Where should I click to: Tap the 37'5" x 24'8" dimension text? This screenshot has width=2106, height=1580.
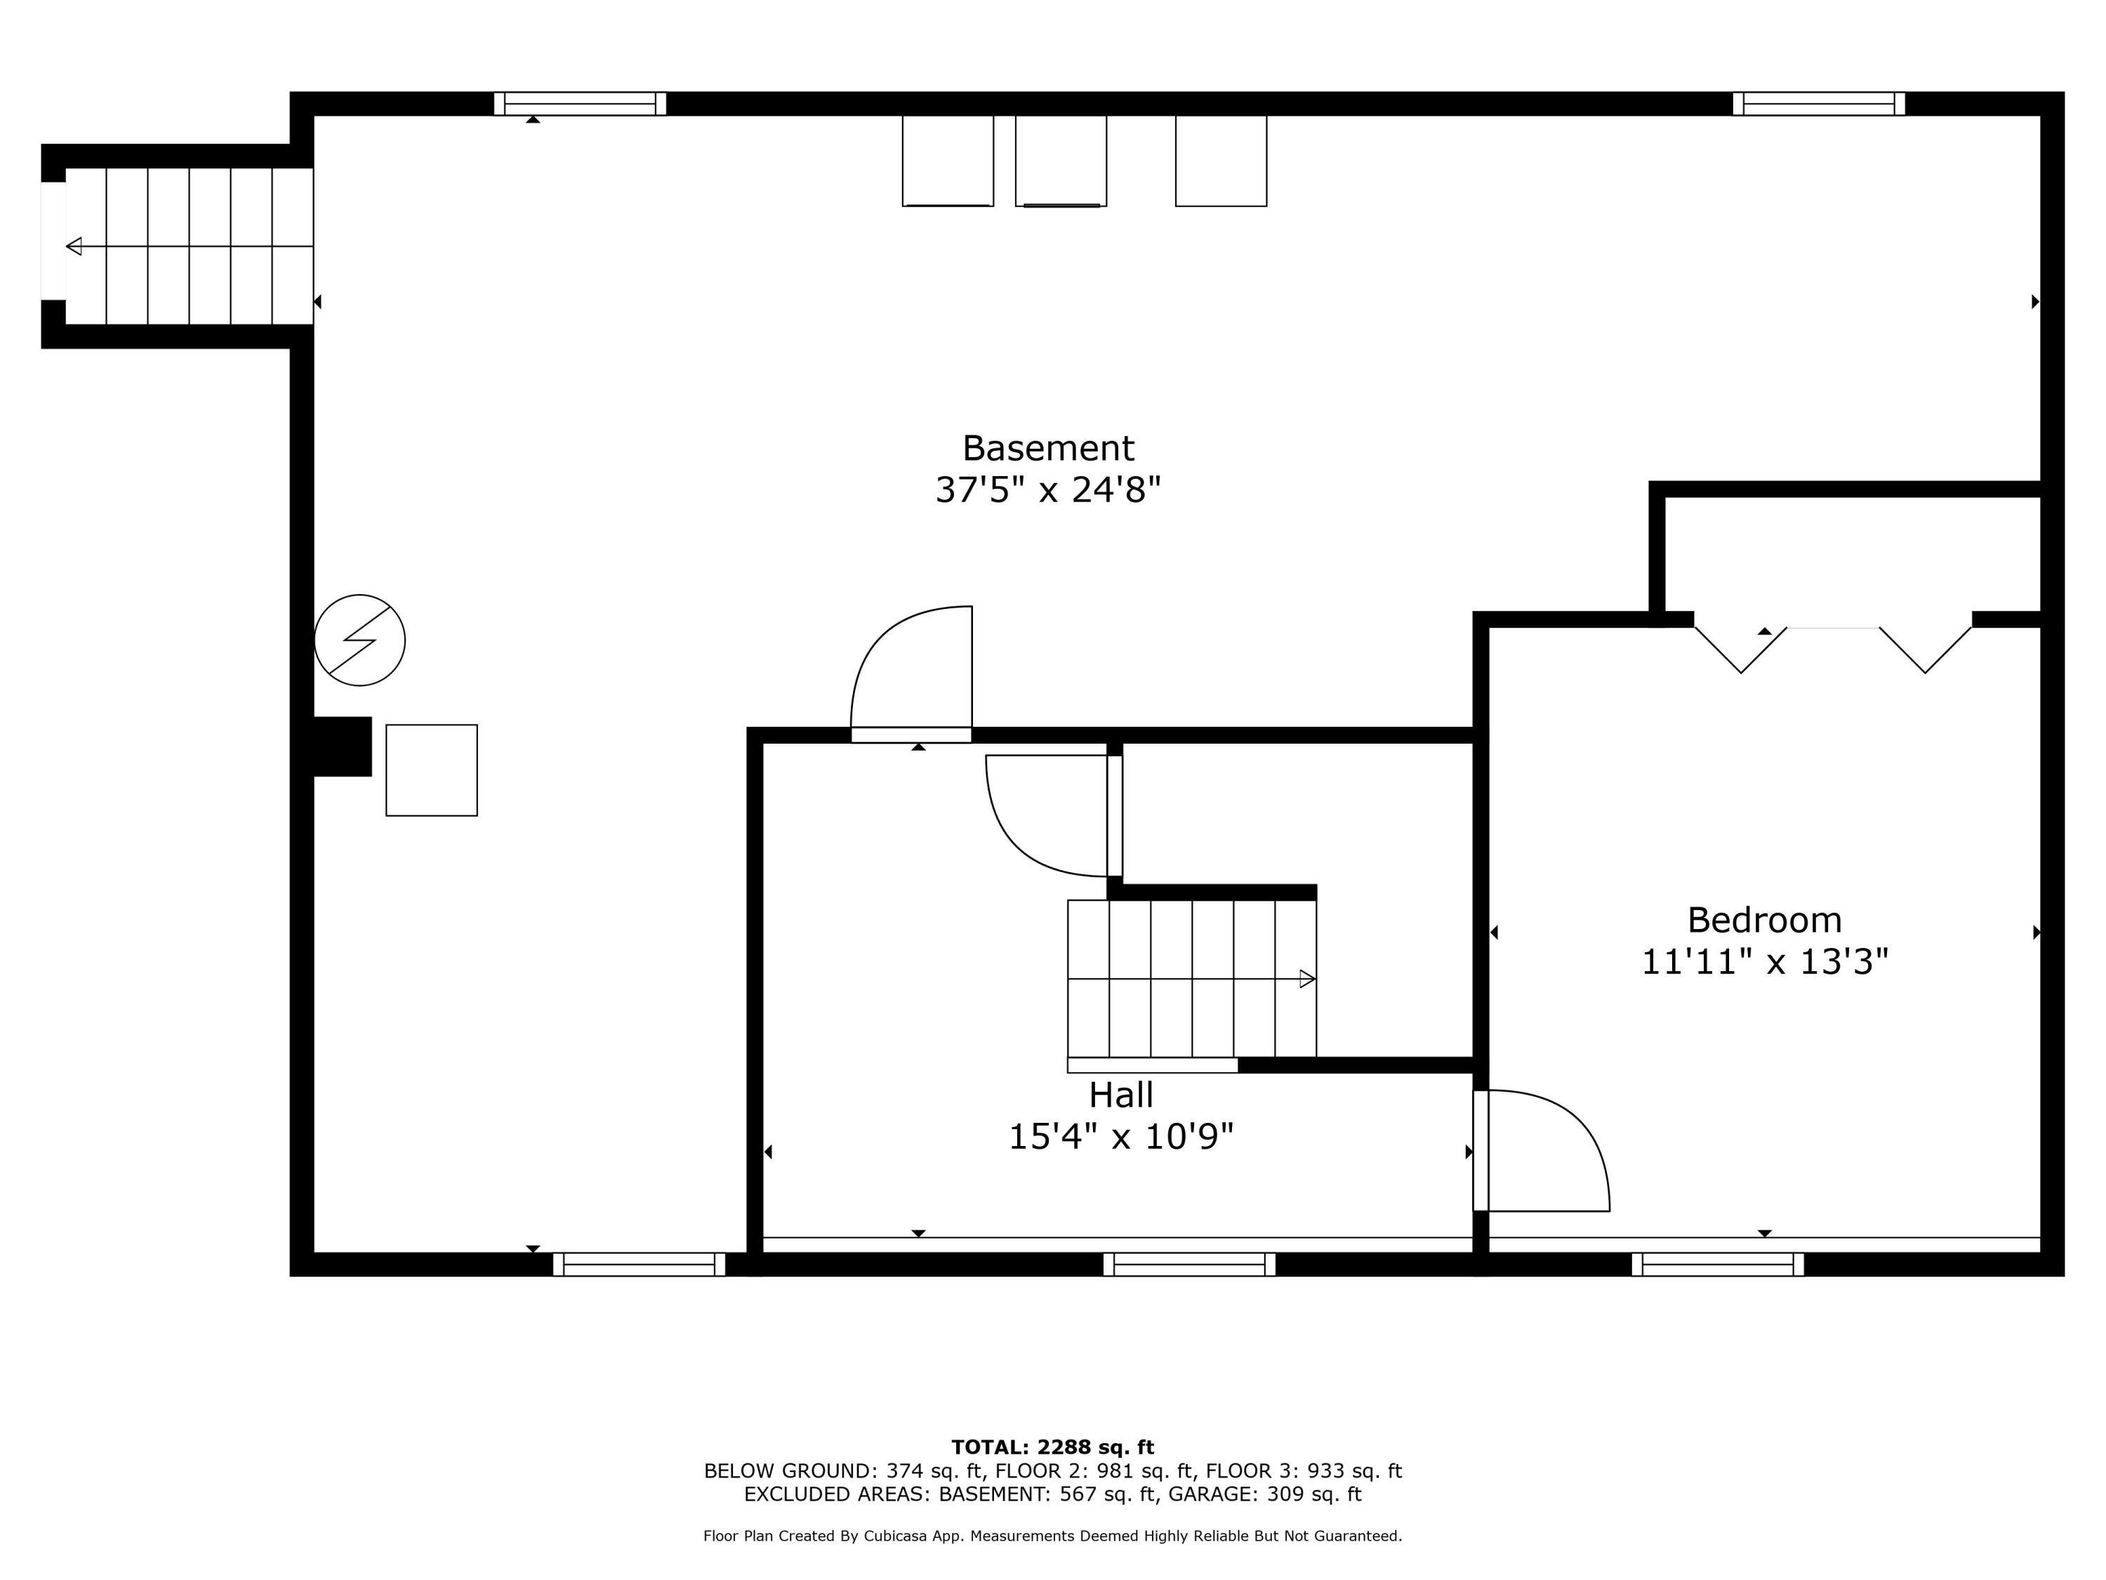tap(1047, 490)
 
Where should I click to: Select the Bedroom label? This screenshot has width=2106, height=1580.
tap(1764, 920)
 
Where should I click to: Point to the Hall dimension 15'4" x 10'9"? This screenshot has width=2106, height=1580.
tap(1120, 1136)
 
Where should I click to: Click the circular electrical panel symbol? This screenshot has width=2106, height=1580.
tap(360, 640)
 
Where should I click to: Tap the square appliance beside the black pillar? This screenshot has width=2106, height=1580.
tap(431, 770)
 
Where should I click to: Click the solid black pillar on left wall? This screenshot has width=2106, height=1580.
tap(342, 746)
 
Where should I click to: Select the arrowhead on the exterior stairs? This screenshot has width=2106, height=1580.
tap(73, 246)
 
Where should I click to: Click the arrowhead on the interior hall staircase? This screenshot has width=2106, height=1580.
tap(1307, 978)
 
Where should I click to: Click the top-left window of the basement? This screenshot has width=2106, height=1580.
tap(580, 104)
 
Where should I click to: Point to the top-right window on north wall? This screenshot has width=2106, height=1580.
tap(1818, 104)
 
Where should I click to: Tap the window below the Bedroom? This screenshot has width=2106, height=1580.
tap(1718, 1264)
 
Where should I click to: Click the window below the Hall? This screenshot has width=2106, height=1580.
tap(1189, 1264)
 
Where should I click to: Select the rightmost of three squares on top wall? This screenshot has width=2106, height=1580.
tap(1221, 160)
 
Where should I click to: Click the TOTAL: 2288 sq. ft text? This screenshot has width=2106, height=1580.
tap(1052, 1447)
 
